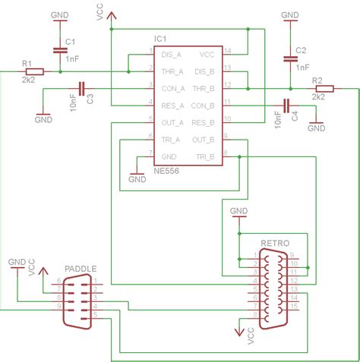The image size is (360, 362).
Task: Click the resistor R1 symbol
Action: click(33, 71)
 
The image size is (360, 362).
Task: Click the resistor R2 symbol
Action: click(318, 89)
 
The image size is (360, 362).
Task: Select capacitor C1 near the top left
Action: click(59, 50)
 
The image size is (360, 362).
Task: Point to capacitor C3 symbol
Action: click(81, 88)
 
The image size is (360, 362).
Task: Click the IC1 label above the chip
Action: click(159, 37)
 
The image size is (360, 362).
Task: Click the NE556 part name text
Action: click(166, 172)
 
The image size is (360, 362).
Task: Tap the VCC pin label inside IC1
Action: click(207, 54)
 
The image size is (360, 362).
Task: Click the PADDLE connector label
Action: click(81, 269)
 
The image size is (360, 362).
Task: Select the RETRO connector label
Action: click(274, 244)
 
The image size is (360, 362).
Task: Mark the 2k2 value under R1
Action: click(28, 80)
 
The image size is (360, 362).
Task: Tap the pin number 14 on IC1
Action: click(227, 51)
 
